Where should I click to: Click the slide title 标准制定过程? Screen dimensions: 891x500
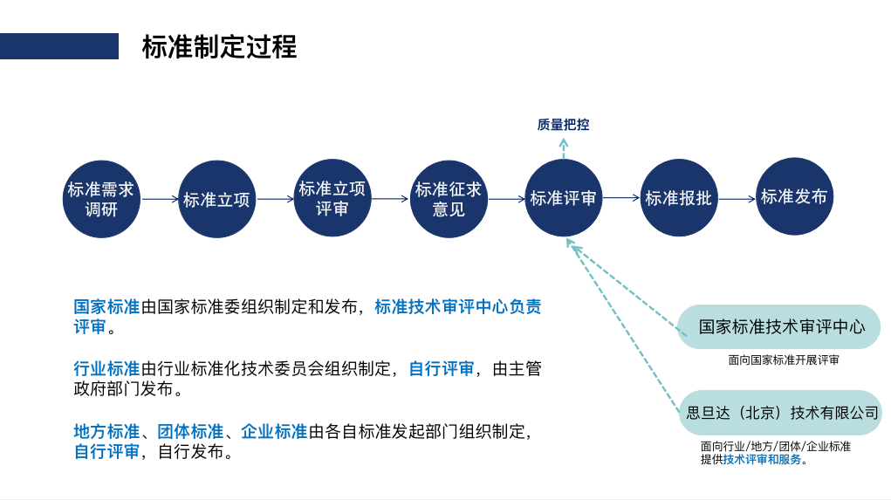click(219, 46)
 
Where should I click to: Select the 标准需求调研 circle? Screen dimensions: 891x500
click(101, 199)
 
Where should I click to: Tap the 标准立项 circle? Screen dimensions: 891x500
click(216, 199)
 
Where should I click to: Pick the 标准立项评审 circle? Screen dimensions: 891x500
click(332, 198)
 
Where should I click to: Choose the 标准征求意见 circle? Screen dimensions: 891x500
click(449, 199)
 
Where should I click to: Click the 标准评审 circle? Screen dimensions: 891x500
click(563, 198)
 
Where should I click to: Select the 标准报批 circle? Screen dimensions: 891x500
click(678, 198)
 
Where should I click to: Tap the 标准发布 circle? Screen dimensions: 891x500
click(794, 196)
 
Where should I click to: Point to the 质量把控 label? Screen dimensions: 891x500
click(563, 125)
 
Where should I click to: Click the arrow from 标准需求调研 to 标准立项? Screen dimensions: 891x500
click(160, 199)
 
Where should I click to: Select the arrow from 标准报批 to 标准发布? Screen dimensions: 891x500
click(737, 199)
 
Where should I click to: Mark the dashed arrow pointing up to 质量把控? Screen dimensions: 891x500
click(563, 149)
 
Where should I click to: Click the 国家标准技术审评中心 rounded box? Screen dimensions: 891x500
click(779, 326)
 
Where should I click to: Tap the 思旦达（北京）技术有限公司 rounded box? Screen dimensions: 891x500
click(781, 413)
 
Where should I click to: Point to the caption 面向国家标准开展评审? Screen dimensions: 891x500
click(784, 360)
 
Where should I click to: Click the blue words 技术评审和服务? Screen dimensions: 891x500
click(762, 460)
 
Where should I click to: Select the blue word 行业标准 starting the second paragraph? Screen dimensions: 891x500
click(106, 369)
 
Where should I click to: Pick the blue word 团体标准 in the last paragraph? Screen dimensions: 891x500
click(190, 432)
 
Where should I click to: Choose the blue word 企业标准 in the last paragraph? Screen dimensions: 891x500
click(274, 432)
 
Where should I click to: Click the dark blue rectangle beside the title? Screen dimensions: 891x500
click(59, 46)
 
